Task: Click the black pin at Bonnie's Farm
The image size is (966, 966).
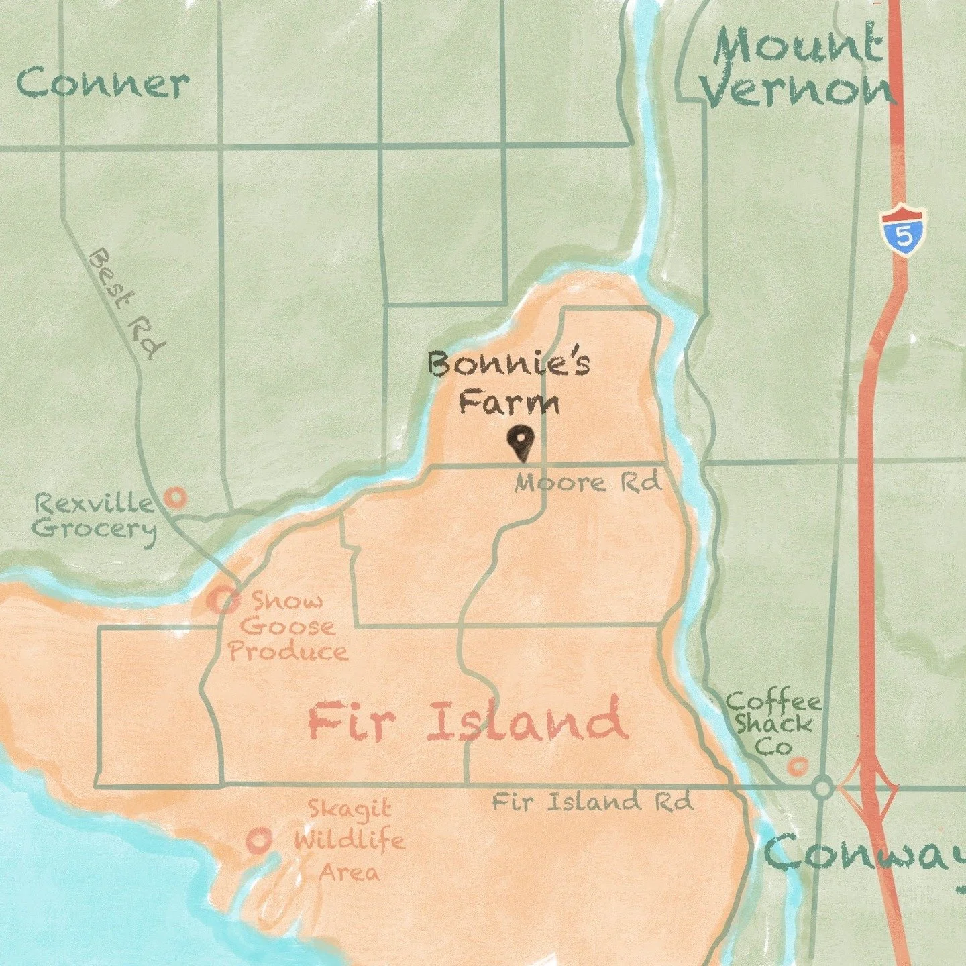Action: coord(521,442)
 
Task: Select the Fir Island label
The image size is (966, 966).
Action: coord(468,721)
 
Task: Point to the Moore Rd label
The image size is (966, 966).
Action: coord(588,482)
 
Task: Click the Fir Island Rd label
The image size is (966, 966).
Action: coord(592,802)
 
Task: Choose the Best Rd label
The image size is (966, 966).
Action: coord(127,303)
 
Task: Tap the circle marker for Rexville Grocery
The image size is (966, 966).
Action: coord(176,498)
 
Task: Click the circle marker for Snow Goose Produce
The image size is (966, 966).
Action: coord(223,600)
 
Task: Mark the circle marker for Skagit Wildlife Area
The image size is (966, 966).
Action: coord(258,840)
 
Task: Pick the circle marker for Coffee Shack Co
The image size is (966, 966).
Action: coord(797,765)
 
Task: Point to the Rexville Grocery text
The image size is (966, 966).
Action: coord(94,515)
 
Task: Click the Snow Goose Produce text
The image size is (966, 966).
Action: coord(288,627)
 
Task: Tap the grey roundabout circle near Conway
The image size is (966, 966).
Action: coord(822,787)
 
